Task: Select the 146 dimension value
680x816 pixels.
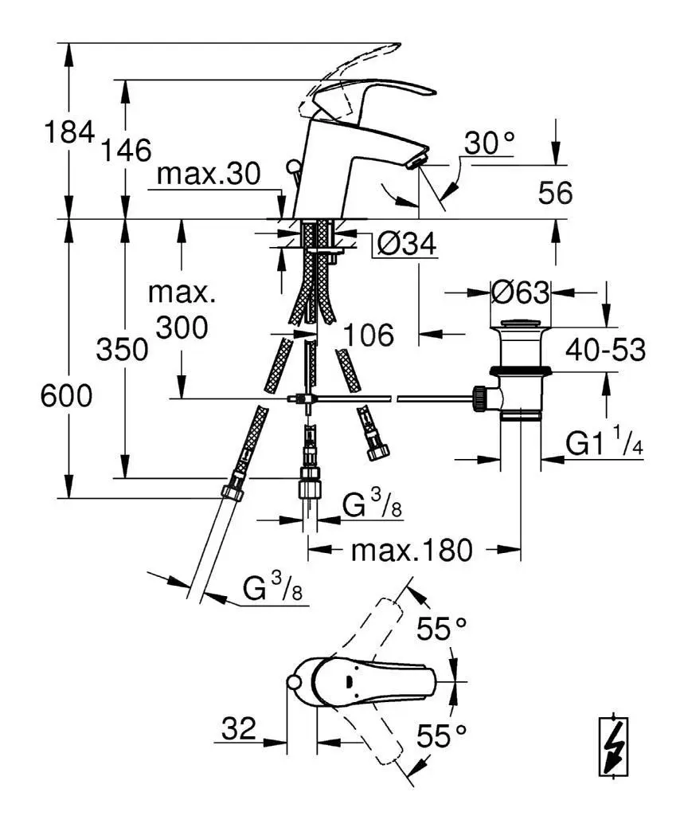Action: (126, 150)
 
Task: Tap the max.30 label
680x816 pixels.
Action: (209, 173)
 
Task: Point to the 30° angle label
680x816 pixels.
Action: (489, 143)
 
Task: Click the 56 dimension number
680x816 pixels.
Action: (555, 193)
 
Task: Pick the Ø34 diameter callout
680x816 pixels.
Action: (406, 243)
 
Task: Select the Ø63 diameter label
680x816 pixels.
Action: (520, 292)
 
